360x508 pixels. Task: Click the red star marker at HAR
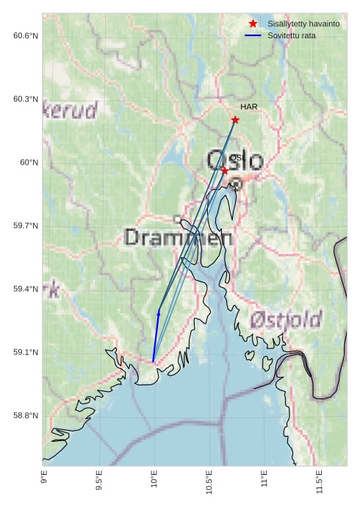(235, 120)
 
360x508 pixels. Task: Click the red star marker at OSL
(225, 171)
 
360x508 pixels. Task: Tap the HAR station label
(248, 107)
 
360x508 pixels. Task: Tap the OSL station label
(237, 158)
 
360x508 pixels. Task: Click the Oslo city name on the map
(234, 160)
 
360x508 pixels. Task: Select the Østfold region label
(286, 320)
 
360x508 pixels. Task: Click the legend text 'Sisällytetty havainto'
(303, 24)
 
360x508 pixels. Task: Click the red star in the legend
(253, 24)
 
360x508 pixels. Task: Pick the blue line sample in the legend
(253, 35)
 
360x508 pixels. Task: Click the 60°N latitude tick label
(29, 162)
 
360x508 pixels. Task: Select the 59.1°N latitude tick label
(26, 353)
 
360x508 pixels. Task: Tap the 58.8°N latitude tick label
(26, 416)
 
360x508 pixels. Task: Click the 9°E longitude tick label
(44, 481)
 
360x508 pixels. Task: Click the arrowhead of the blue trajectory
(159, 313)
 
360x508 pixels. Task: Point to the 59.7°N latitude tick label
(26, 226)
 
